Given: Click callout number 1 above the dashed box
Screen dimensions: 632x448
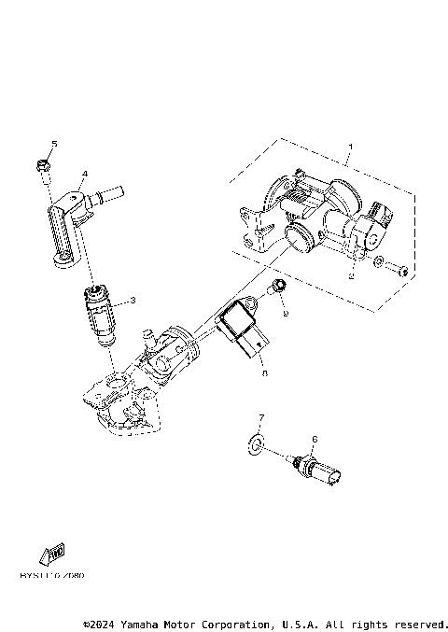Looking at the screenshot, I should [350, 147].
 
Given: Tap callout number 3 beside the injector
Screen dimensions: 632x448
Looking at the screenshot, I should [133, 300].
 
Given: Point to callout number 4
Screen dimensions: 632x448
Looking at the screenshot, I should [84, 173].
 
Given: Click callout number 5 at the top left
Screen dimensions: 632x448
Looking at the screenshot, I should [54, 143].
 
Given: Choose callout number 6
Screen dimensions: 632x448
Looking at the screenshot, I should [315, 438].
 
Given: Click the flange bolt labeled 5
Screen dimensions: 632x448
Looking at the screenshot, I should [44, 167].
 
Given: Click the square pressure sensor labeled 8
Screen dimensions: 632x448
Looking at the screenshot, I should [240, 329].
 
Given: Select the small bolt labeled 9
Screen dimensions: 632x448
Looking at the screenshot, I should [276, 286].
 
